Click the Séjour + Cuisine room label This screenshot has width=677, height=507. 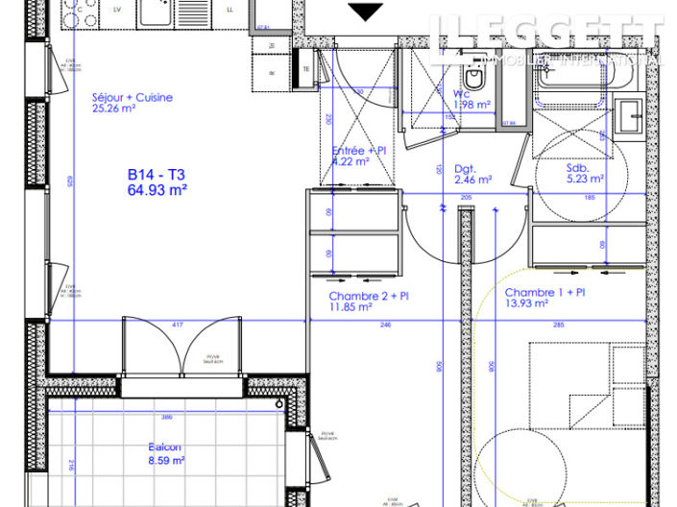click(x=133, y=98)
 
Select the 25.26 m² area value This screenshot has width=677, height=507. click(x=115, y=109)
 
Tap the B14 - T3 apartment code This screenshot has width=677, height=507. click(x=156, y=175)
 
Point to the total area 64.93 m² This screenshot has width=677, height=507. click(x=157, y=190)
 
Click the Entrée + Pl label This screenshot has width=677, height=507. click(x=359, y=151)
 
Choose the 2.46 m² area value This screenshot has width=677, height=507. click(x=472, y=179)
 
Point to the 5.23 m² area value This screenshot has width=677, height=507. click(x=584, y=178)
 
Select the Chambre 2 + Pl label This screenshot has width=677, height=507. click(x=370, y=296)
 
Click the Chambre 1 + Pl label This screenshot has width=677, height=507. click(x=545, y=292)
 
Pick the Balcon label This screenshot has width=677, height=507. click(x=165, y=447)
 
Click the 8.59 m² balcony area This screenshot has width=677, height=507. click(x=166, y=460)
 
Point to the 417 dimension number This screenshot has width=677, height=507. click(x=177, y=326)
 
